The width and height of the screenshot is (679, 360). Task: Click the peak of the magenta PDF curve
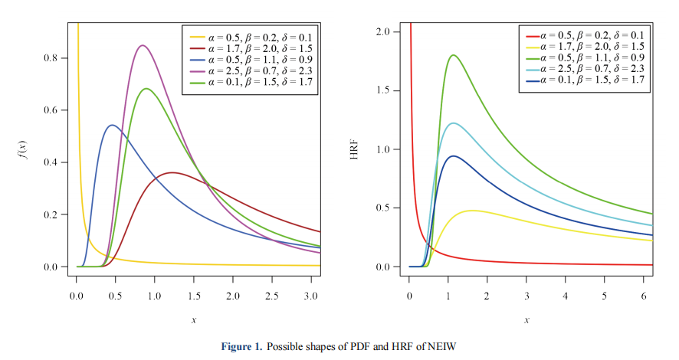tap(142, 45)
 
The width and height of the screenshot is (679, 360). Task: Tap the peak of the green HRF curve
tap(454, 55)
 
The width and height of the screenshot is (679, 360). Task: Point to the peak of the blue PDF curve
tap(112, 125)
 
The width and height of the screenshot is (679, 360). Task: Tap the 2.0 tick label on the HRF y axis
tap(384, 32)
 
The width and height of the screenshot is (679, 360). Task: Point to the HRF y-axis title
tap(359, 149)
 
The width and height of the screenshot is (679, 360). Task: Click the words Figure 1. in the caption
tap(241, 347)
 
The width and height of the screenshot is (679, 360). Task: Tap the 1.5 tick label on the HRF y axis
tap(384, 91)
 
